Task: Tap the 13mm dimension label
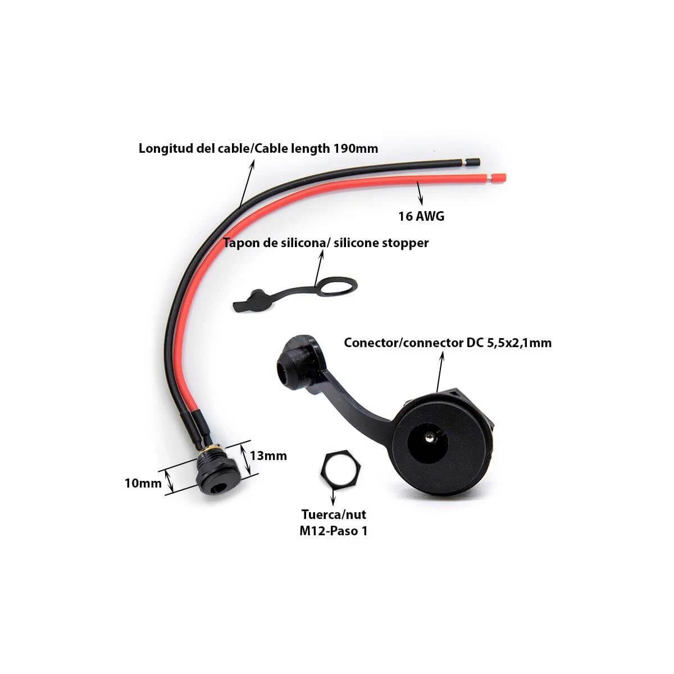click(268, 456)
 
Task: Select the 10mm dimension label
click(143, 484)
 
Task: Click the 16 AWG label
click(421, 216)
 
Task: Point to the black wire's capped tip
click(473, 163)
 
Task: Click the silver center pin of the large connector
click(429, 436)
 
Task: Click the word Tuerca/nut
click(334, 514)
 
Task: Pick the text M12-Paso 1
click(333, 531)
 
